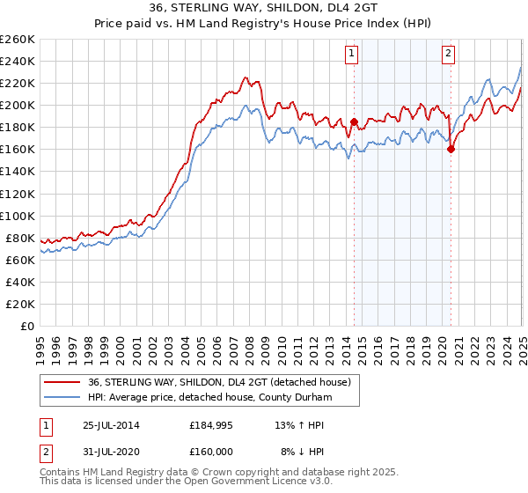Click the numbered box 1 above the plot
click(351, 54)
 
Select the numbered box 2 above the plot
click(448, 54)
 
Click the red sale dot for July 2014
click(354, 121)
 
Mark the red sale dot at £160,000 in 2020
click(451, 150)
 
